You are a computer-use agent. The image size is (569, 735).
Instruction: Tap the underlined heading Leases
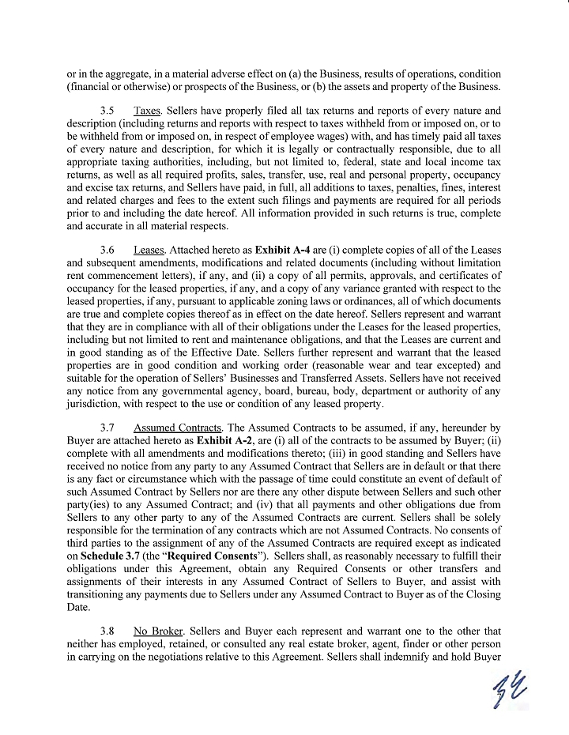pos(149,250)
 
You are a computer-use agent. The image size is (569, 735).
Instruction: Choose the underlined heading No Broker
pos(155,631)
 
